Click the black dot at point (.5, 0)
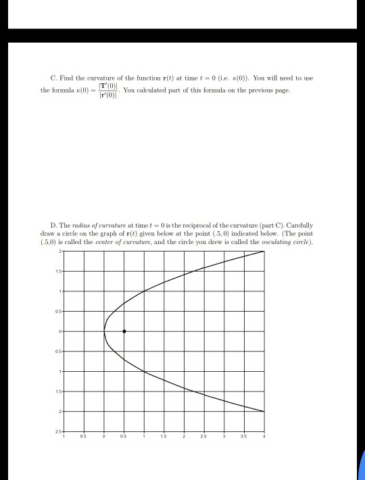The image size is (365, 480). click(124, 331)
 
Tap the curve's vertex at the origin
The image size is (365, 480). click(104, 331)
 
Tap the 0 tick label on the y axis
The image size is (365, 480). click(60, 331)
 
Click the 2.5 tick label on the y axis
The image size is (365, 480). click(59, 431)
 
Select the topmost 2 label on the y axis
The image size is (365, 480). click(60, 251)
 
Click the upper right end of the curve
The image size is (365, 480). click(264, 251)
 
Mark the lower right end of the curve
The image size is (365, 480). click(264, 411)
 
